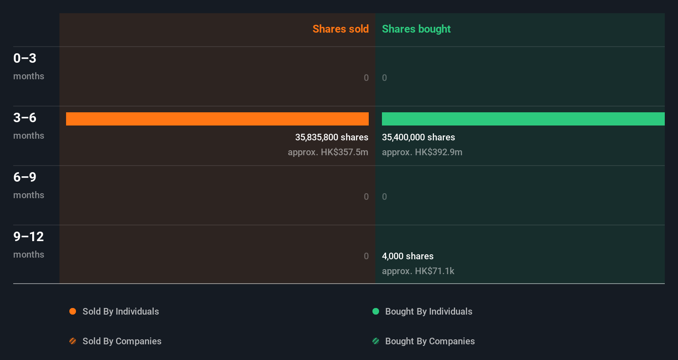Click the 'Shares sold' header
pos(340,29)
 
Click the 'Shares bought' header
pos(416,29)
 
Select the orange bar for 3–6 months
pos(217,119)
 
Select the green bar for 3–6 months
pos(523,119)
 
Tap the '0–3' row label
pos(25,58)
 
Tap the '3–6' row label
pos(25,118)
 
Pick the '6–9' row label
pos(25,177)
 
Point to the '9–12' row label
pos(28,237)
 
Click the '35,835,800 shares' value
pos(332,137)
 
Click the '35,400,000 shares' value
pos(418,137)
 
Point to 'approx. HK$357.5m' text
pos(328,152)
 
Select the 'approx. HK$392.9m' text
pos(422,152)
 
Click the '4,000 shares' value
pos(408,256)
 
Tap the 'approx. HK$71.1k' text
pos(418,271)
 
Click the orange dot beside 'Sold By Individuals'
pos(73,311)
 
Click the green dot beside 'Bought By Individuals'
pos(376,311)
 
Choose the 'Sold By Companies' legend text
pos(122,341)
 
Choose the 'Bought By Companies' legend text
pos(430,341)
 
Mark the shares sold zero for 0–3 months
pos(366,78)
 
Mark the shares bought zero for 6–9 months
pos(384,197)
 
